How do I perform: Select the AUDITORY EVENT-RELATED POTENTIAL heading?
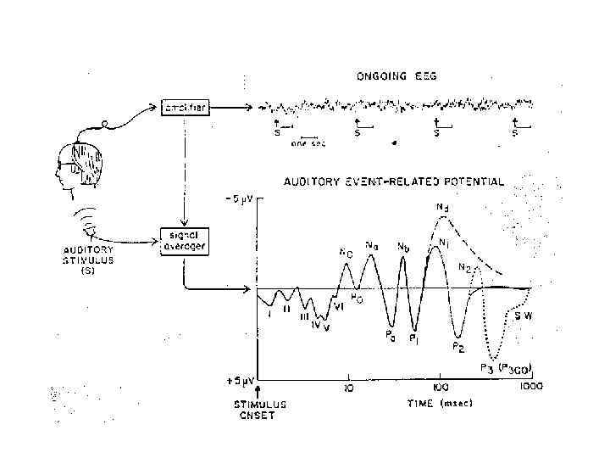click(395, 181)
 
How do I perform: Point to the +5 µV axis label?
click(239, 380)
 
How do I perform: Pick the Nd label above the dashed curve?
click(442, 206)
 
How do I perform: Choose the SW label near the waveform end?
click(524, 316)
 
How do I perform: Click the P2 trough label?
click(457, 346)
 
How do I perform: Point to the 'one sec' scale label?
click(308, 143)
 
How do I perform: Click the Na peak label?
click(371, 246)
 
